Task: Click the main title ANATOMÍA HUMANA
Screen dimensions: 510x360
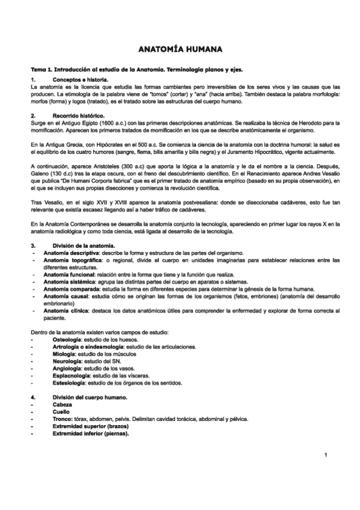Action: (x=180, y=49)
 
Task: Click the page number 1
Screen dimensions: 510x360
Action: (x=325, y=454)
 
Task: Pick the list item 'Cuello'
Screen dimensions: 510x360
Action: (x=62, y=412)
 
